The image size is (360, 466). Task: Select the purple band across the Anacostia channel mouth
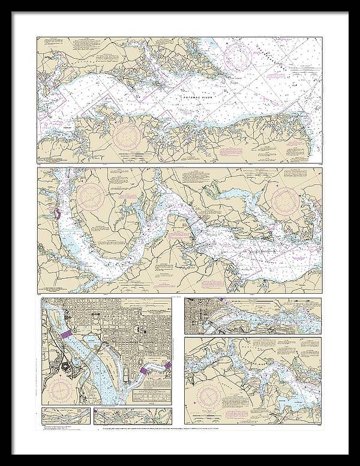coord(145,372)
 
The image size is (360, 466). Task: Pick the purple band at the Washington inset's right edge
coord(169,365)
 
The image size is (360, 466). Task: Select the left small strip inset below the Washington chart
coord(65,415)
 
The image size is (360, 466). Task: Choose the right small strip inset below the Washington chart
coord(136,415)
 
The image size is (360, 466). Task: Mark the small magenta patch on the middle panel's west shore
coord(57,213)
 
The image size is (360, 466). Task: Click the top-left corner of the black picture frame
coord(2,2)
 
